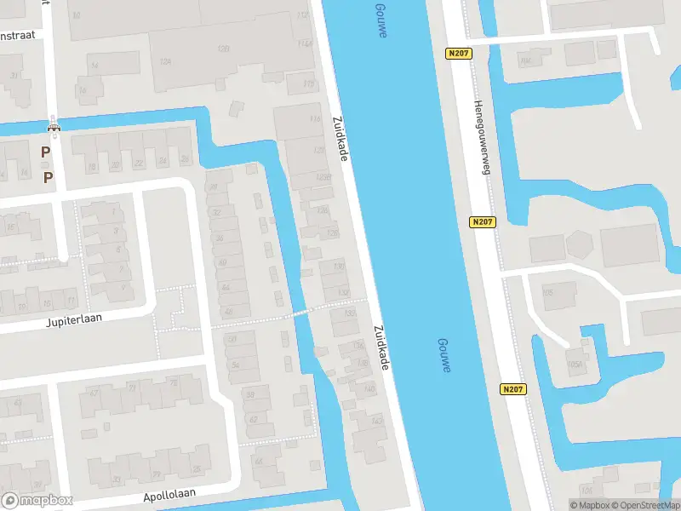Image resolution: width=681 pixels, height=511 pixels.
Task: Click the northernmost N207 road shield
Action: point(458,53)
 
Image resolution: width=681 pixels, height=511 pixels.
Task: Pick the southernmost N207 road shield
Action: point(512,389)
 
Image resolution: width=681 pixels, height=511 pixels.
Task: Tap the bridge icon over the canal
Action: point(54,129)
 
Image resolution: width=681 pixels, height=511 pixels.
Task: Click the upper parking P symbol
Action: point(45,152)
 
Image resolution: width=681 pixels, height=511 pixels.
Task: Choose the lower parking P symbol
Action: point(48,177)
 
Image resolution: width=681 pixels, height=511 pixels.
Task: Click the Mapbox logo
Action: point(37,501)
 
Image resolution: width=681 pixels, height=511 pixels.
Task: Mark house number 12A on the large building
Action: point(166,62)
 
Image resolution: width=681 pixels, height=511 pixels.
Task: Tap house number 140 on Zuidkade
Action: point(369,389)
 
